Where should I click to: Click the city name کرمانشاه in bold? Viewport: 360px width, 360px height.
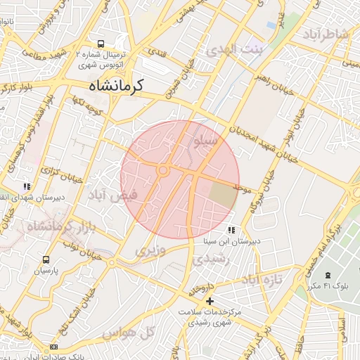(x=115, y=86)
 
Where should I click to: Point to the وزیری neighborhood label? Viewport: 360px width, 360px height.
(x=150, y=250)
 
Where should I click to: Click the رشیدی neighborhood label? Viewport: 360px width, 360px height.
(x=210, y=259)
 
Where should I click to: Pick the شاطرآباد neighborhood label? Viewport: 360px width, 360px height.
(x=326, y=35)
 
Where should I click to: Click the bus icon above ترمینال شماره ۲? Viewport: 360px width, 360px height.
(x=101, y=43)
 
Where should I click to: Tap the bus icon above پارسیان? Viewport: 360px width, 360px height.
(x=46, y=259)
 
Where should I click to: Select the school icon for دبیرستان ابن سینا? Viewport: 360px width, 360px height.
(x=231, y=230)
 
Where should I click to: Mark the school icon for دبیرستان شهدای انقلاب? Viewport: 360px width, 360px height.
(x=27, y=186)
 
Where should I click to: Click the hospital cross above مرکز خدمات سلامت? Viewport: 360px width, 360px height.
(x=210, y=301)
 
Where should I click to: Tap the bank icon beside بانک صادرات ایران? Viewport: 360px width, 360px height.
(x=53, y=347)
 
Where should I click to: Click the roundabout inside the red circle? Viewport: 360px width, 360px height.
(x=163, y=170)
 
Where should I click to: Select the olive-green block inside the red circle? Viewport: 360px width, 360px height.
(x=224, y=194)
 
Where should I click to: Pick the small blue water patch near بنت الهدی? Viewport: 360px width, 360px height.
(x=271, y=25)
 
